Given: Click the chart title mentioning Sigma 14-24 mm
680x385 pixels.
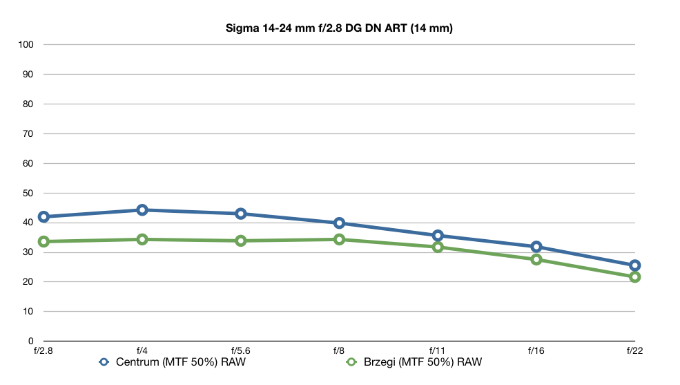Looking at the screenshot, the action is (x=339, y=28).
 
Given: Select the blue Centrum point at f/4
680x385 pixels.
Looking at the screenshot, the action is (x=142, y=210).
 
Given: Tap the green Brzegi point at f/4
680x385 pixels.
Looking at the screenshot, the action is (x=142, y=239).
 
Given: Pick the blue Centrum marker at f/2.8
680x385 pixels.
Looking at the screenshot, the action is (x=43, y=217).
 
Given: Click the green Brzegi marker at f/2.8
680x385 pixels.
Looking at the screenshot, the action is (x=43, y=241).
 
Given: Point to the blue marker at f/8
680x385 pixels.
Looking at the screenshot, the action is (x=339, y=223).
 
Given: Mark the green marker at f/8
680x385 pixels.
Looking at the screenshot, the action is (x=339, y=239).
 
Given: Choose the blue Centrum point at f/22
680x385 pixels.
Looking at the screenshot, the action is (x=635, y=265).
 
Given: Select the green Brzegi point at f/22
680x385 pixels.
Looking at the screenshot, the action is (x=635, y=277).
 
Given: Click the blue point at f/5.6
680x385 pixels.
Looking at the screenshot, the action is (x=241, y=214).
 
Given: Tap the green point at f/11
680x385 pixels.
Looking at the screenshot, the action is (x=438, y=247).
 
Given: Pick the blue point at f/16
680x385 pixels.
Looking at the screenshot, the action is (x=536, y=247).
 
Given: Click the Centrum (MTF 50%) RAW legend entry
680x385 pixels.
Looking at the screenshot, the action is (x=172, y=362).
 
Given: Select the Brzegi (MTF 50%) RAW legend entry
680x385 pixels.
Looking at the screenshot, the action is (x=414, y=362).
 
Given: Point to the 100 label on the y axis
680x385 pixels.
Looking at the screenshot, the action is (x=26, y=44).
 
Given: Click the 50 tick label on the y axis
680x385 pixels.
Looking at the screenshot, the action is (x=28, y=193).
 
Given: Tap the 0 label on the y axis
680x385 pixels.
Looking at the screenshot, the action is (x=31, y=341).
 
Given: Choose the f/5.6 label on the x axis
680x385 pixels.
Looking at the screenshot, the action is (x=241, y=350).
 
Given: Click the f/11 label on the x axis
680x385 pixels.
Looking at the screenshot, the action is (x=438, y=350).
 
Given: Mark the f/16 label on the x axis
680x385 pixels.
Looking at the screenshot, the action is (x=536, y=350).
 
